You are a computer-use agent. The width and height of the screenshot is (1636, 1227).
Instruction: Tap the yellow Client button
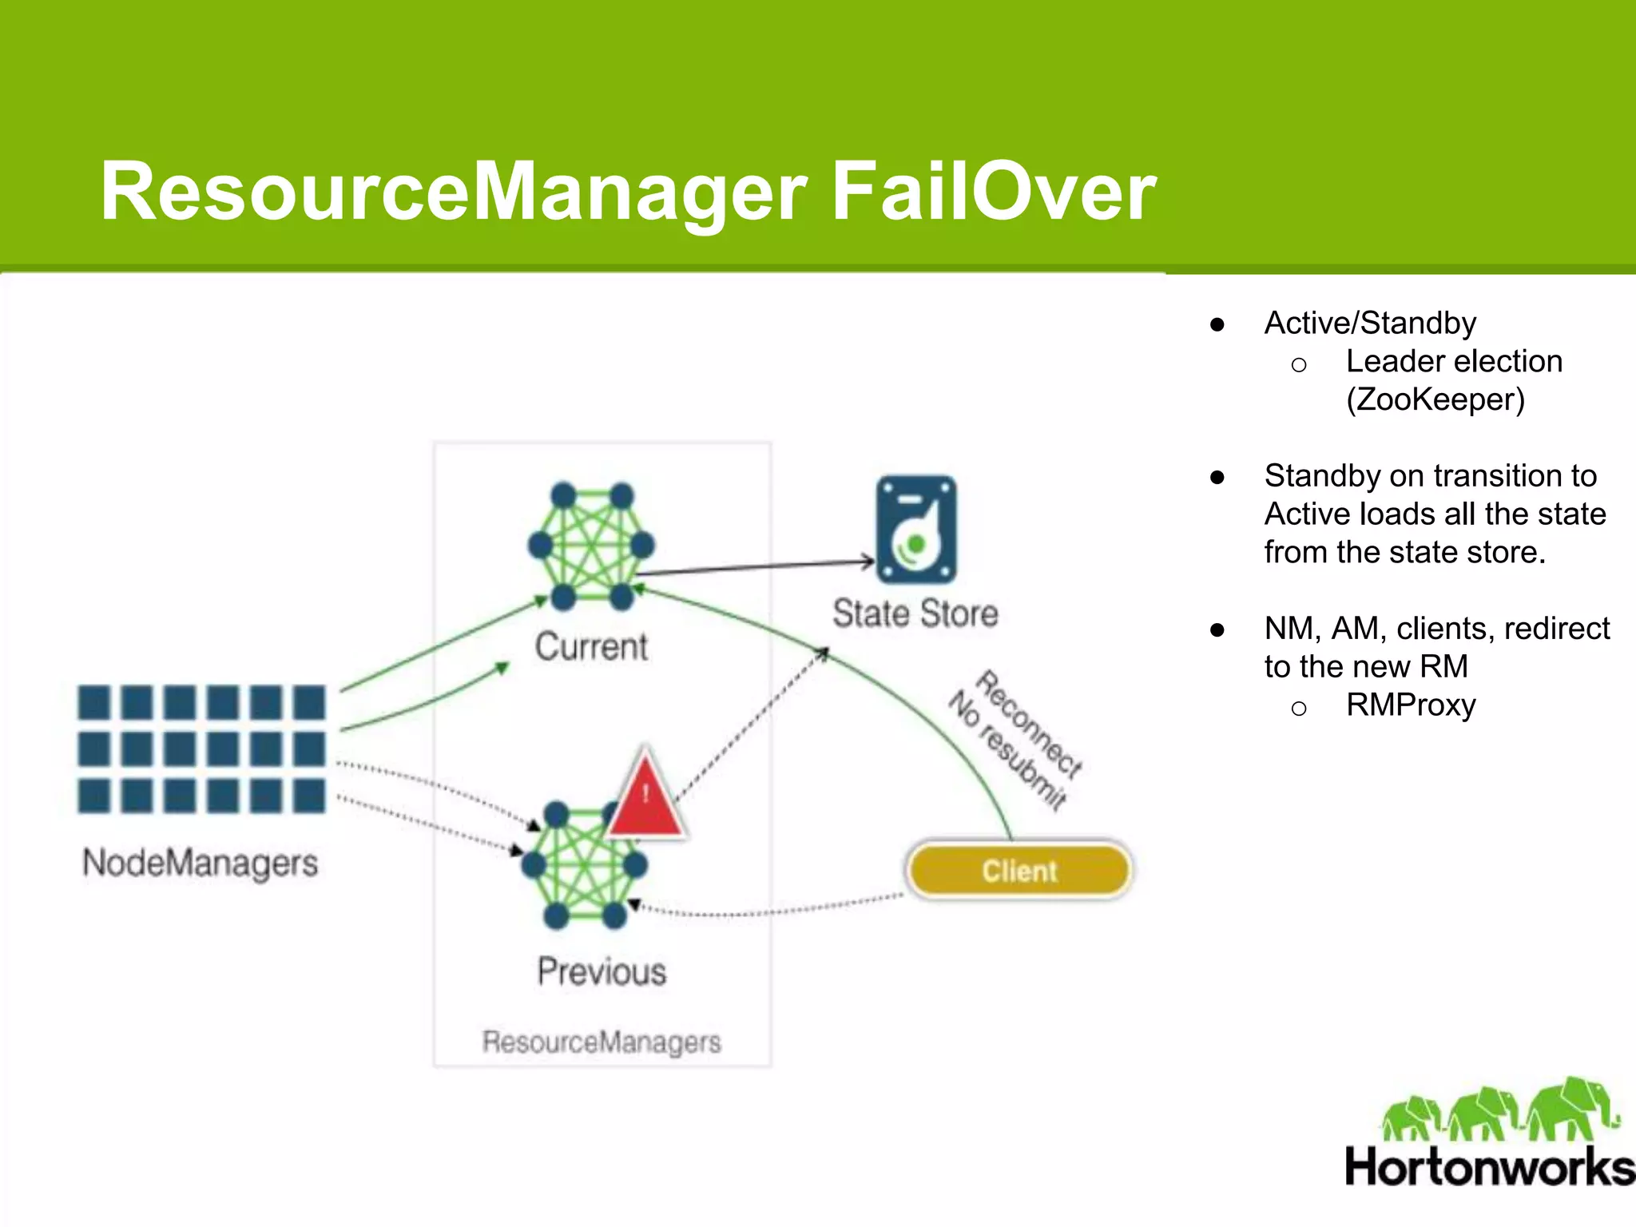point(1019,870)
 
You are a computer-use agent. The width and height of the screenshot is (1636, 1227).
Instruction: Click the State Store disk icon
point(916,530)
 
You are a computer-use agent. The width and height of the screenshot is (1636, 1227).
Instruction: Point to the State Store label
point(915,613)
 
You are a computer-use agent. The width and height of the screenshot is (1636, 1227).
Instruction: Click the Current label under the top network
point(591,646)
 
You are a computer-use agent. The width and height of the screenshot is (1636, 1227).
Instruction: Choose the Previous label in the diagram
point(602,971)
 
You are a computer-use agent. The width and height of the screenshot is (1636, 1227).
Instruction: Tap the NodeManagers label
point(200,864)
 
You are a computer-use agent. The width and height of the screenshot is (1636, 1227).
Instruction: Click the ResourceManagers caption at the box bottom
point(602,1042)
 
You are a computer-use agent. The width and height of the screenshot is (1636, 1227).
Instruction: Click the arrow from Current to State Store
point(755,567)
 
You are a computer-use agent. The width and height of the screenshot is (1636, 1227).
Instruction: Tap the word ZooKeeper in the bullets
point(1435,399)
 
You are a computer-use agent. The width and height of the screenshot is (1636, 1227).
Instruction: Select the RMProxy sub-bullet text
point(1411,705)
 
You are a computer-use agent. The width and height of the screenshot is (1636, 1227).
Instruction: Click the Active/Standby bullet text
point(1370,323)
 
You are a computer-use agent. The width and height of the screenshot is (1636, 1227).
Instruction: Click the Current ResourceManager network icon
point(591,546)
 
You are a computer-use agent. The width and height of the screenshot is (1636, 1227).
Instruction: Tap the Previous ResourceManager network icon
point(584,865)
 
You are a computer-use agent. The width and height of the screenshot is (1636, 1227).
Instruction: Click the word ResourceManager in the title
point(454,193)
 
